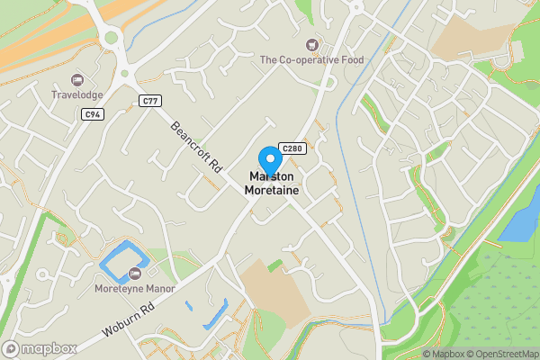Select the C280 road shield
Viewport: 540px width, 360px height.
pyautogui.click(x=290, y=148)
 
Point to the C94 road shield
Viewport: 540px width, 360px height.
pyautogui.click(x=92, y=114)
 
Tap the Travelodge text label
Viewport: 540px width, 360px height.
pyautogui.click(x=76, y=94)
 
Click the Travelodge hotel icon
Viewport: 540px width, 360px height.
pyautogui.click(x=76, y=80)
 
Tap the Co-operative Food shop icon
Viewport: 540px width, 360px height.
pyautogui.click(x=312, y=44)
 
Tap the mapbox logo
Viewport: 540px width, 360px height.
pyautogui.click(x=39, y=348)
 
